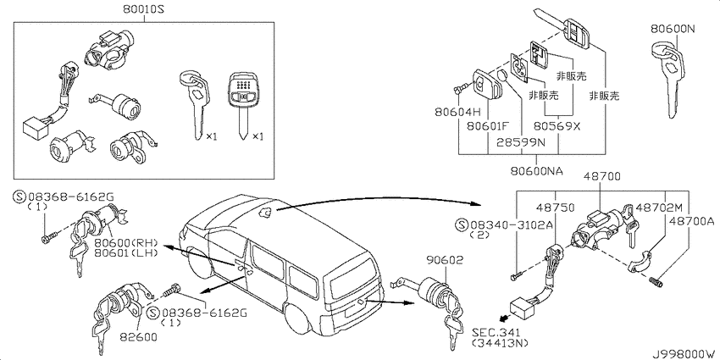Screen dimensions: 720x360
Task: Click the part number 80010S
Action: [144, 8]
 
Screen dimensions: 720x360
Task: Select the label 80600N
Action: [673, 29]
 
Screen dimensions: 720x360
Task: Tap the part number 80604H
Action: [457, 112]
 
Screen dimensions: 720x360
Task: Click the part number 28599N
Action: [521, 142]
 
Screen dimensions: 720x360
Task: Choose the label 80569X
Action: [557, 126]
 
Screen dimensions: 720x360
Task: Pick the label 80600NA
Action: [536, 171]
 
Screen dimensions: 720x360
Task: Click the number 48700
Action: [602, 176]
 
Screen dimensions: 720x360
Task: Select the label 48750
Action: [556, 208]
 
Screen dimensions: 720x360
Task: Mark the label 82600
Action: [138, 337]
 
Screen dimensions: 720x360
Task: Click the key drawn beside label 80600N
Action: [668, 79]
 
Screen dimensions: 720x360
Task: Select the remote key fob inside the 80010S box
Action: [243, 105]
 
